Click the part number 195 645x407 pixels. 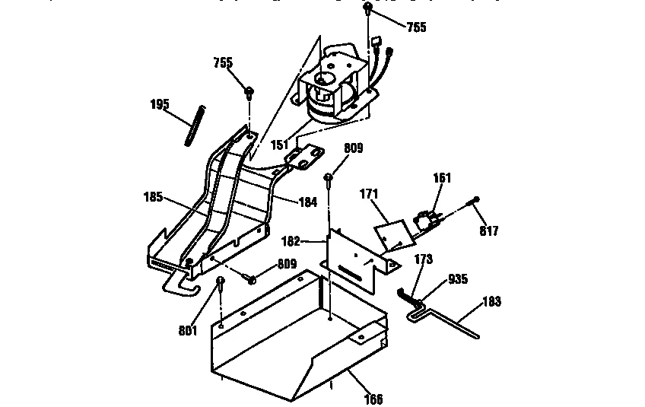(x=159, y=104)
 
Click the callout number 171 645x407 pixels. (x=370, y=196)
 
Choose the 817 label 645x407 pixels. (x=489, y=231)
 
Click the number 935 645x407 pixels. (x=458, y=278)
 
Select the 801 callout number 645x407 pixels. (x=188, y=330)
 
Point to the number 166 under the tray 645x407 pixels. (x=373, y=399)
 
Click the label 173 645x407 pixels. (x=423, y=259)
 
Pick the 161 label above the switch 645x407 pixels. (x=442, y=178)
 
